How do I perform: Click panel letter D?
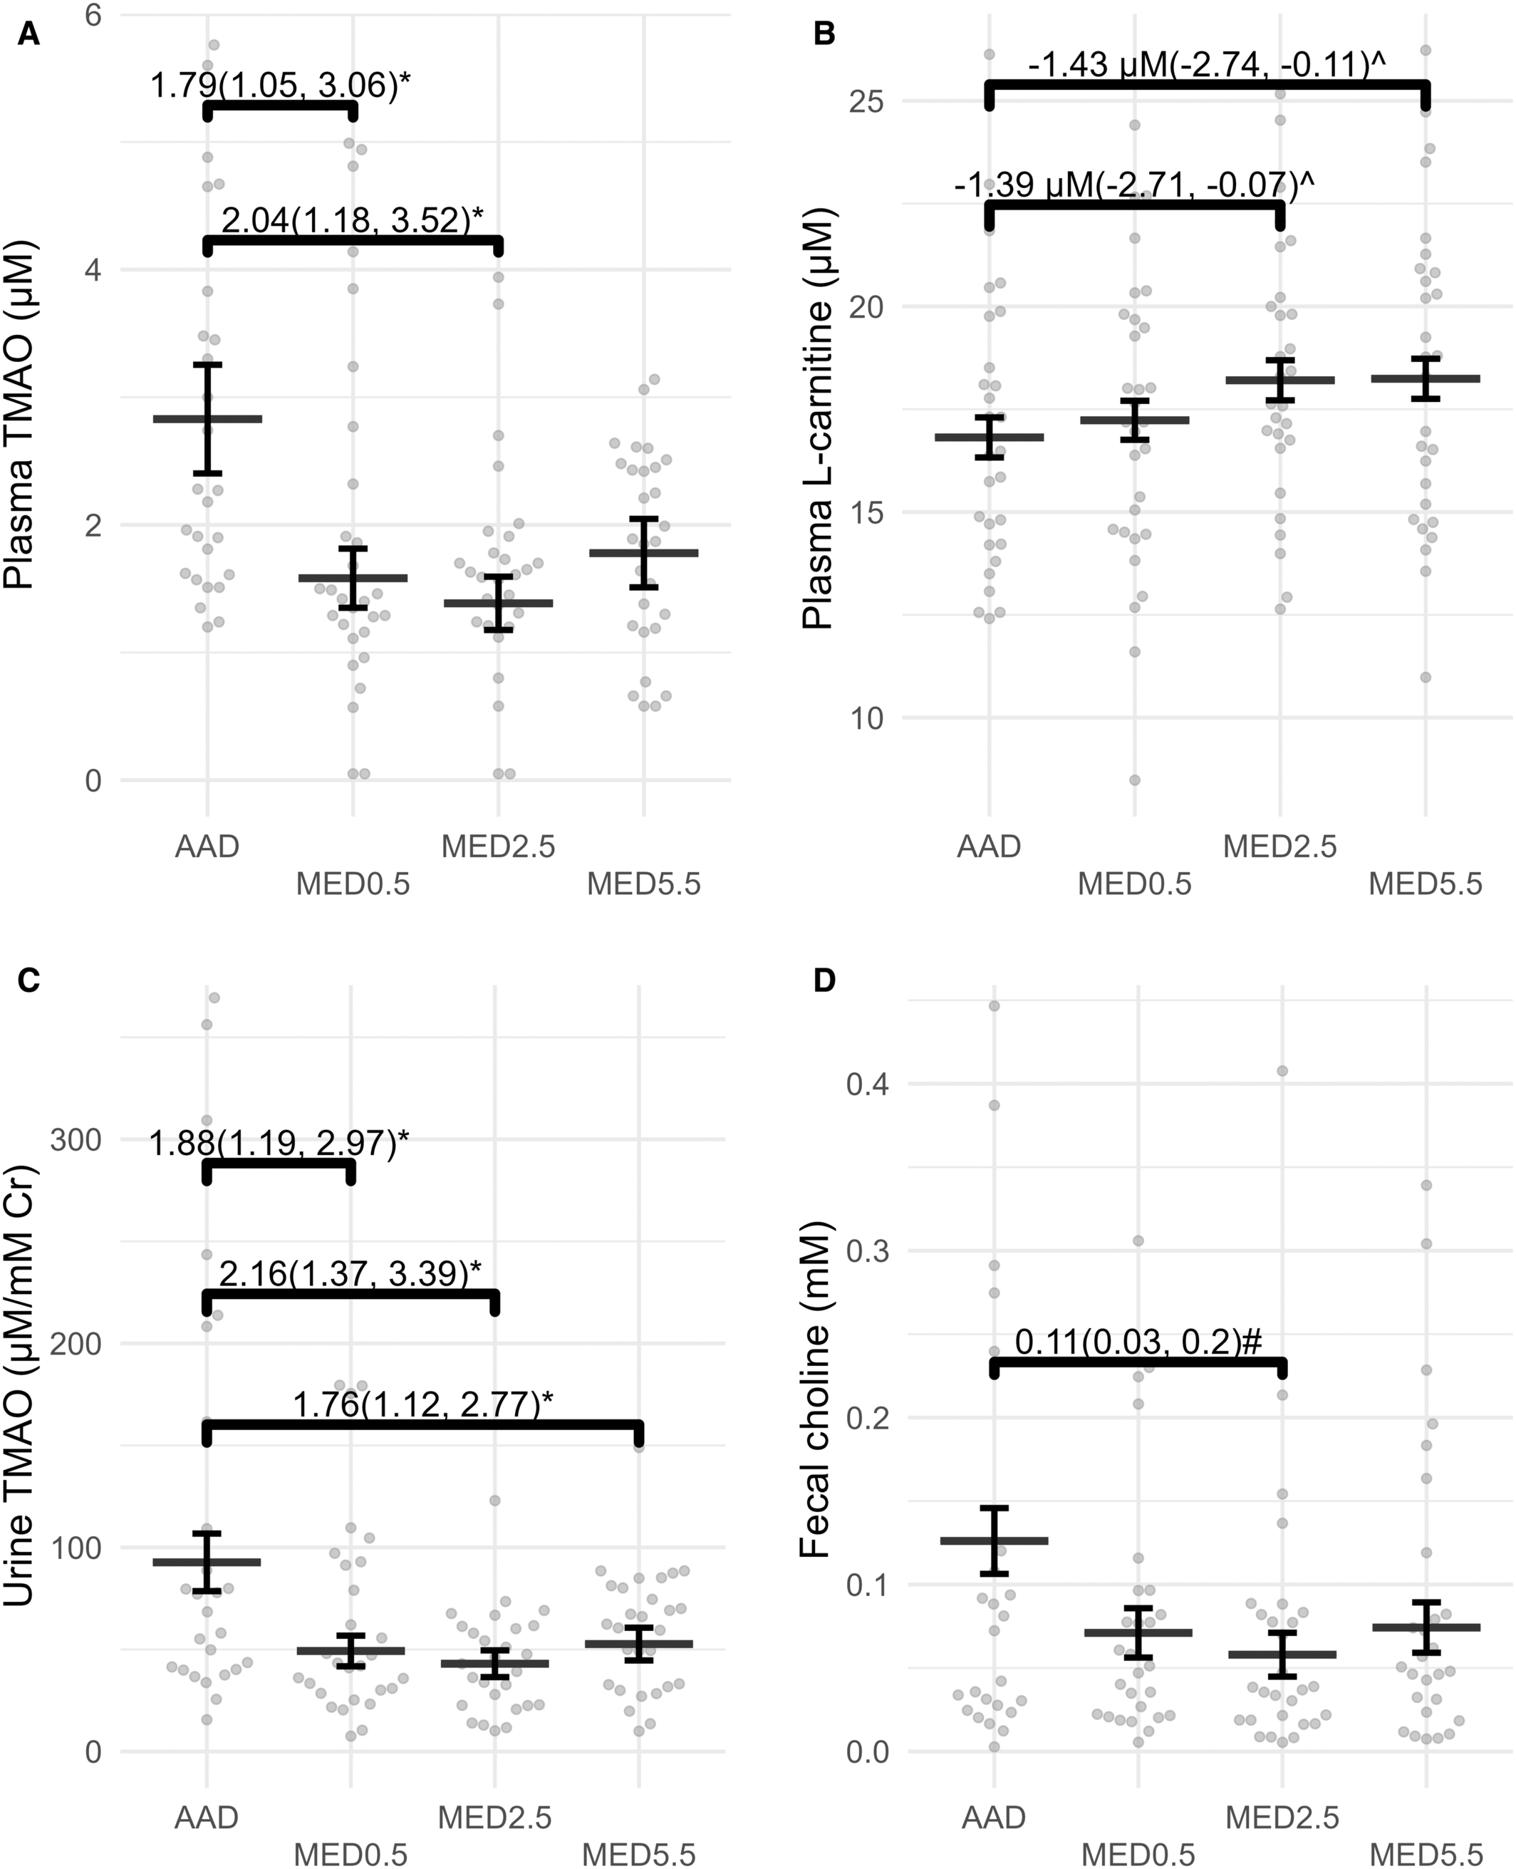824,980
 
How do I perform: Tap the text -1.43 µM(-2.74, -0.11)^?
1208,65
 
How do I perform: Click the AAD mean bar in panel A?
208,419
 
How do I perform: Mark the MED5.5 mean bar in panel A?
643,552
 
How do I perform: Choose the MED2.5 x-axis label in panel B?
1279,845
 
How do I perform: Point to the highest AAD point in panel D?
994,1006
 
